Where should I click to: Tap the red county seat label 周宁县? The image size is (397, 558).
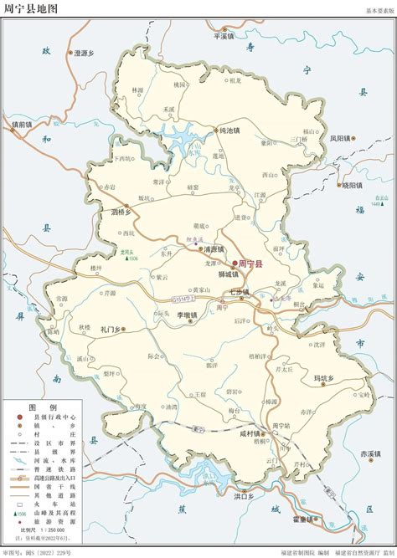(250, 264)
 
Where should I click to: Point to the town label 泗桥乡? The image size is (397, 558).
(123, 212)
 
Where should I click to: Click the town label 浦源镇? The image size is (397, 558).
(216, 249)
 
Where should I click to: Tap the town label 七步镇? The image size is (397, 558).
(240, 292)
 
